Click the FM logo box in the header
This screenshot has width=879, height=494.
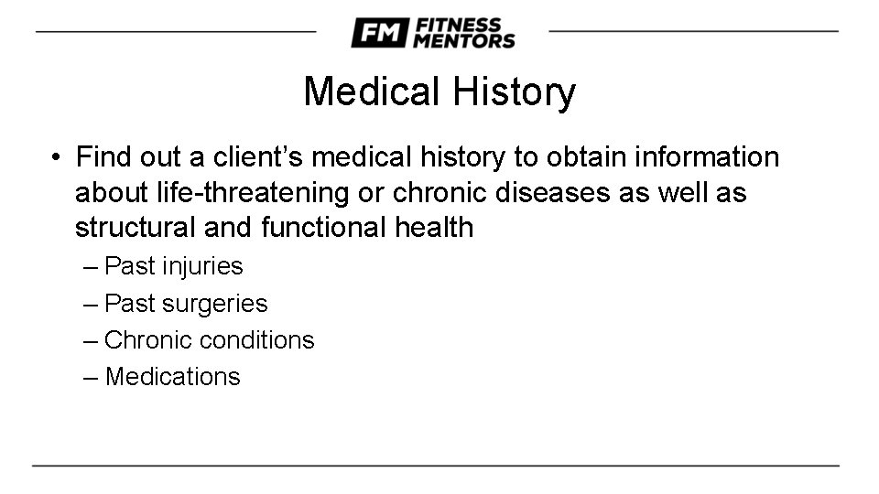378,33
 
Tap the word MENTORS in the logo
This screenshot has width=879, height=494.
464,41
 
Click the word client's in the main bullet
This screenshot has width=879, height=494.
257,157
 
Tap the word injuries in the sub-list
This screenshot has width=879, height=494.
202,266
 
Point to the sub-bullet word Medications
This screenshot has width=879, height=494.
173,376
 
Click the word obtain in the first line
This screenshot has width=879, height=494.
577,157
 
